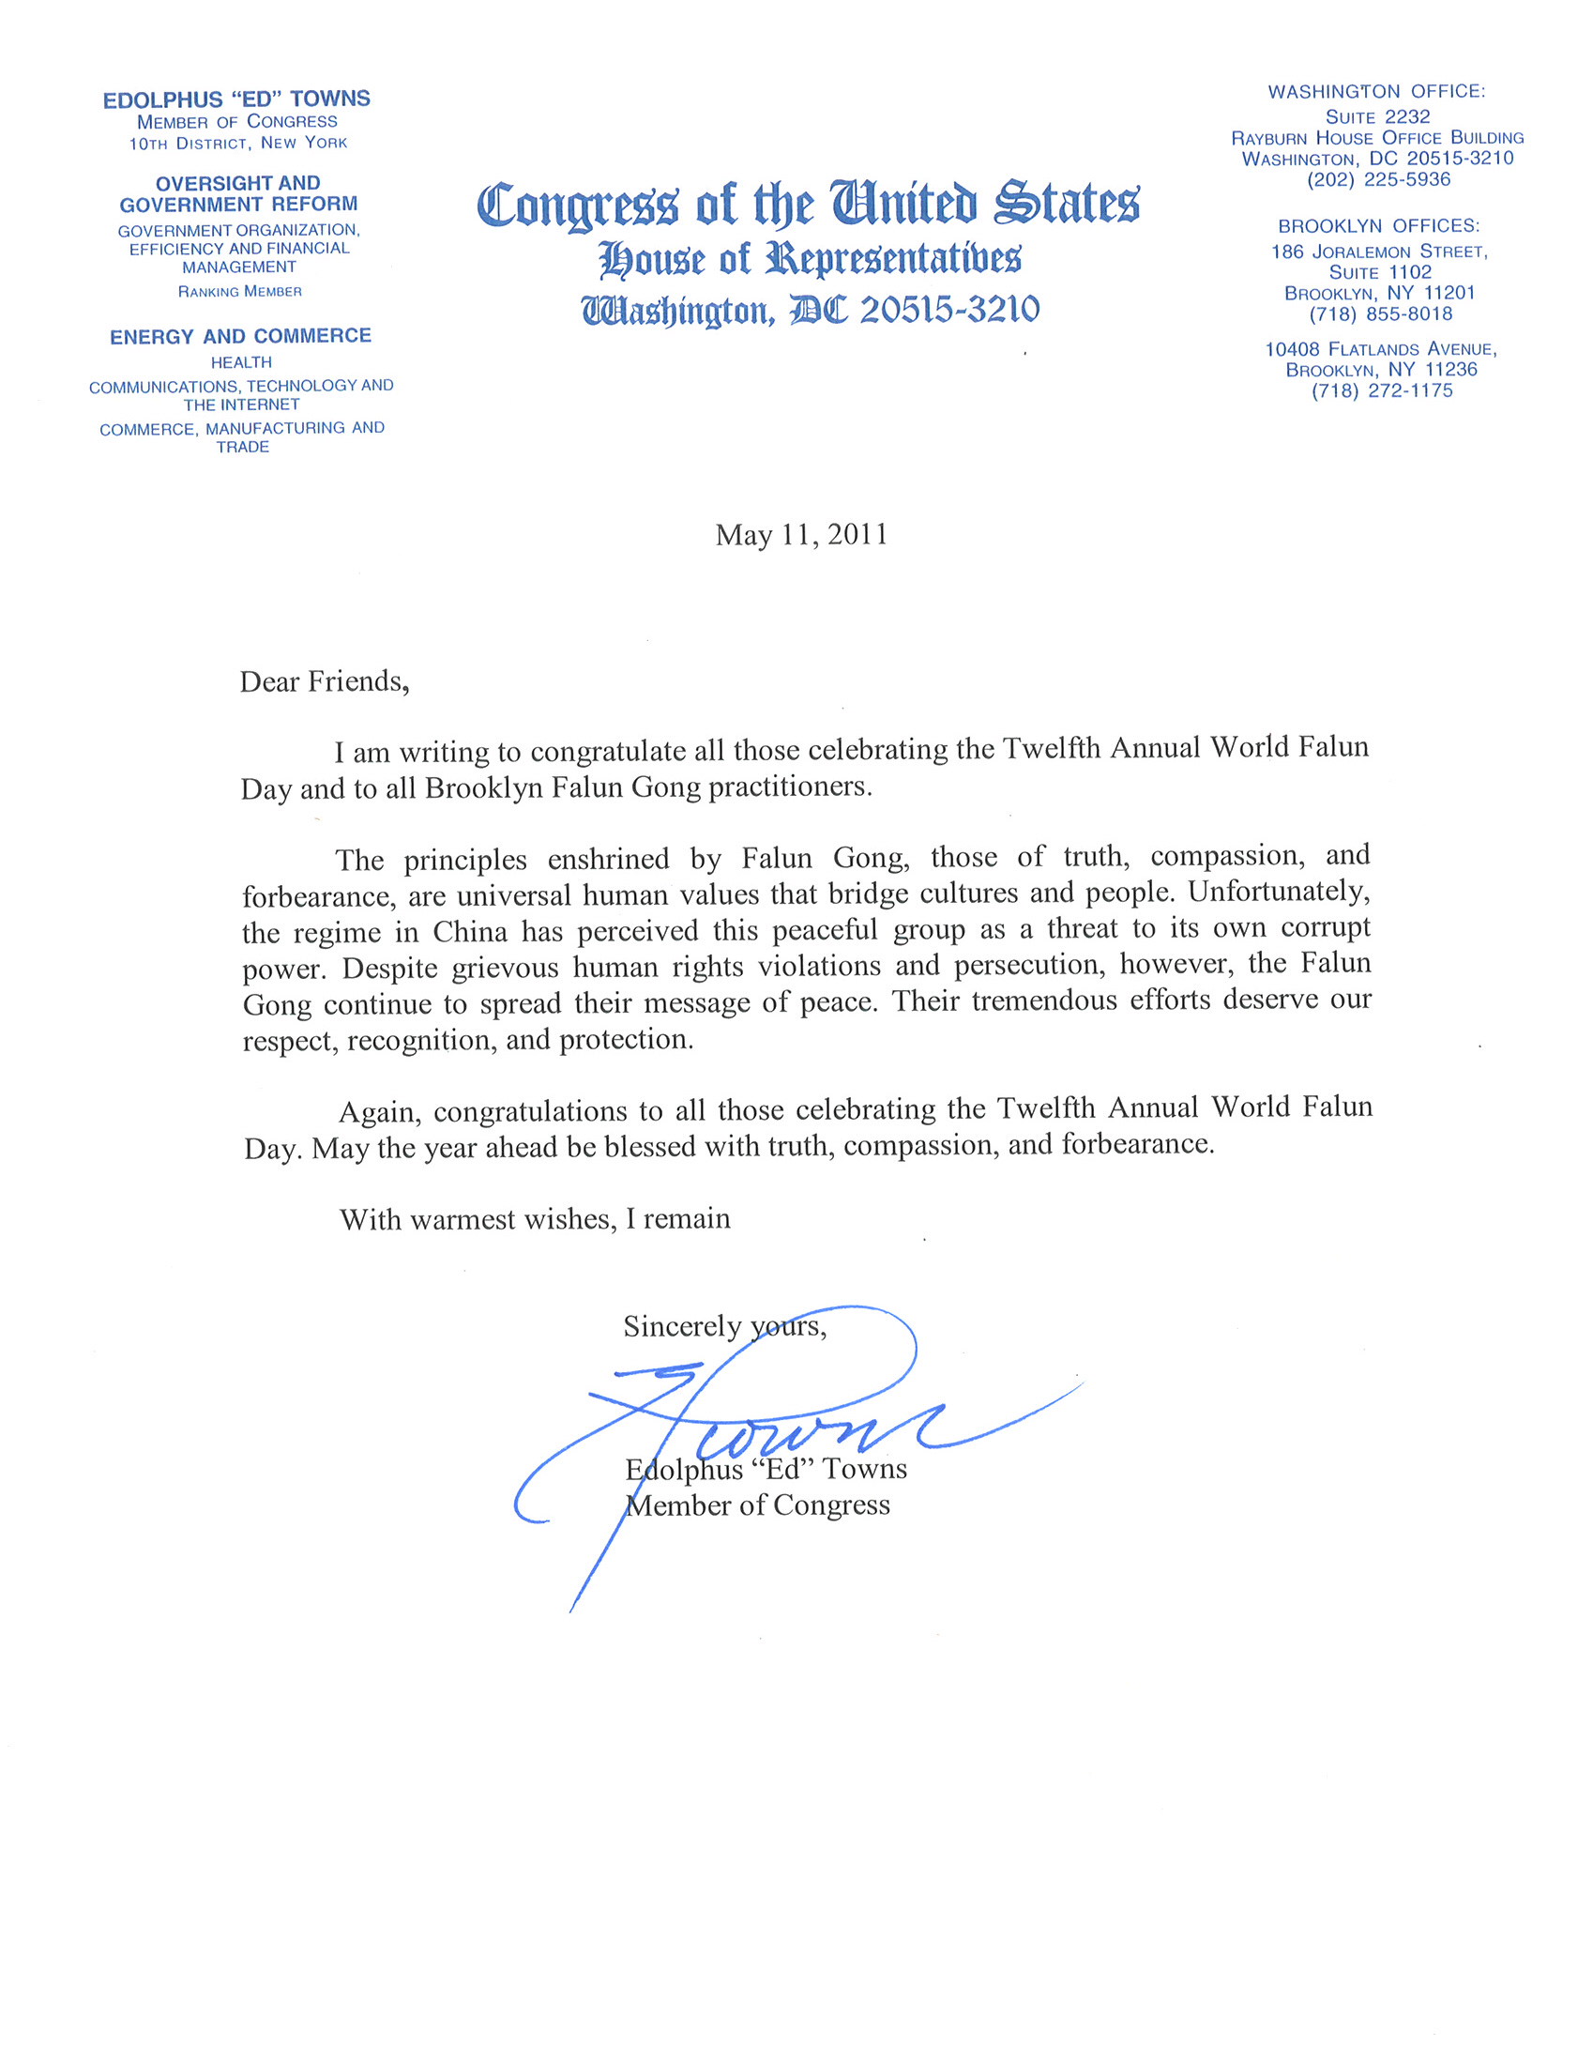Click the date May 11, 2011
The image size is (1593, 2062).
tap(801, 535)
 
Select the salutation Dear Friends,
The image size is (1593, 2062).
tap(325, 681)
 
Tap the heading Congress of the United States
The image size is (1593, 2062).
tap(808, 204)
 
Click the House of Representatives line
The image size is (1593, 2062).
tap(810, 259)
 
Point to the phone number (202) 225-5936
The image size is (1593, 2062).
tap(1378, 179)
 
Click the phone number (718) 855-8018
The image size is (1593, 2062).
tap(1380, 314)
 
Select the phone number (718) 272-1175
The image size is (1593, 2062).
tap(1382, 390)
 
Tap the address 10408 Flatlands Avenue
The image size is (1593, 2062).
tap(1381, 349)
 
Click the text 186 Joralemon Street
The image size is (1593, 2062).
tap(1379, 252)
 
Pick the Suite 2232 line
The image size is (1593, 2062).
tap(1378, 117)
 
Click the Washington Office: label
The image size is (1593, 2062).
tap(1376, 92)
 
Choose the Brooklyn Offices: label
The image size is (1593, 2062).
tap(1379, 226)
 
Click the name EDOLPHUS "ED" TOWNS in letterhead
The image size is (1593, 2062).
tap(236, 99)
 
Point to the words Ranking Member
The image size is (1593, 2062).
tap(240, 292)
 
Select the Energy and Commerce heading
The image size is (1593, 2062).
tap(241, 336)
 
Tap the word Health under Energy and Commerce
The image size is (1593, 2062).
tap(241, 362)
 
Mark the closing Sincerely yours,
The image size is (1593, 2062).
tap(725, 1326)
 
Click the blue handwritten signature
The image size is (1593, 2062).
tap(755, 1416)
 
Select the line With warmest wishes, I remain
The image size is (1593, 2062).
tap(535, 1219)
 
